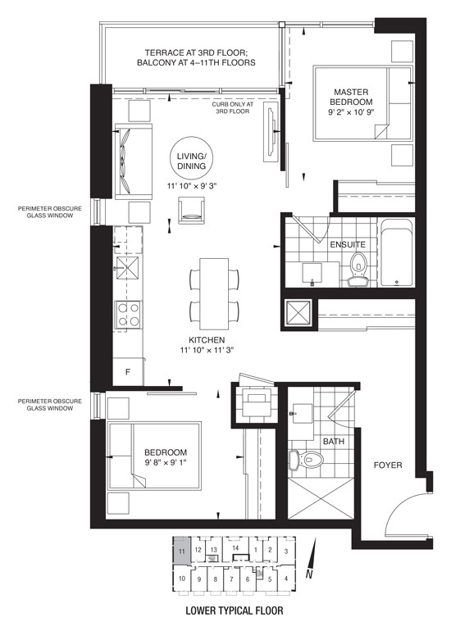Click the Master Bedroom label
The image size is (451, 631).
pyautogui.click(x=350, y=97)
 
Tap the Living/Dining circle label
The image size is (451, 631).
pyautogui.click(x=192, y=161)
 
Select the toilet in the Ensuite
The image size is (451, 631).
pyautogui.click(x=358, y=269)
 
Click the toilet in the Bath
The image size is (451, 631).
pyautogui.click(x=307, y=459)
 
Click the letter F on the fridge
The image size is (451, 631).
pyautogui.click(x=128, y=372)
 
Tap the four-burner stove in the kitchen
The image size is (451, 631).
pyautogui.click(x=129, y=315)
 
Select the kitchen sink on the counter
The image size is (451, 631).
pyautogui.click(x=128, y=268)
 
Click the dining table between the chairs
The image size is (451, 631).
pyautogui.click(x=214, y=293)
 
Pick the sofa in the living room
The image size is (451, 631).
pyautogui.click(x=134, y=161)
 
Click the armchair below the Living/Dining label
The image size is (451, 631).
pyautogui.click(x=192, y=210)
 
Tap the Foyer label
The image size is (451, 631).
pyautogui.click(x=387, y=465)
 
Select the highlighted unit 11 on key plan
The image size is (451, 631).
pyautogui.click(x=181, y=550)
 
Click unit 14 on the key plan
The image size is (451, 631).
pyautogui.click(x=235, y=547)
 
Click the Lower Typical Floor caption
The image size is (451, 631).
pyautogui.click(x=234, y=611)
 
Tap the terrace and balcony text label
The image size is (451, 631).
pyautogui.click(x=196, y=57)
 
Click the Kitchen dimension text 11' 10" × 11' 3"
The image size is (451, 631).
pyautogui.click(x=207, y=350)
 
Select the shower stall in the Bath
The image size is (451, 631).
pyautogui.click(x=321, y=498)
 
